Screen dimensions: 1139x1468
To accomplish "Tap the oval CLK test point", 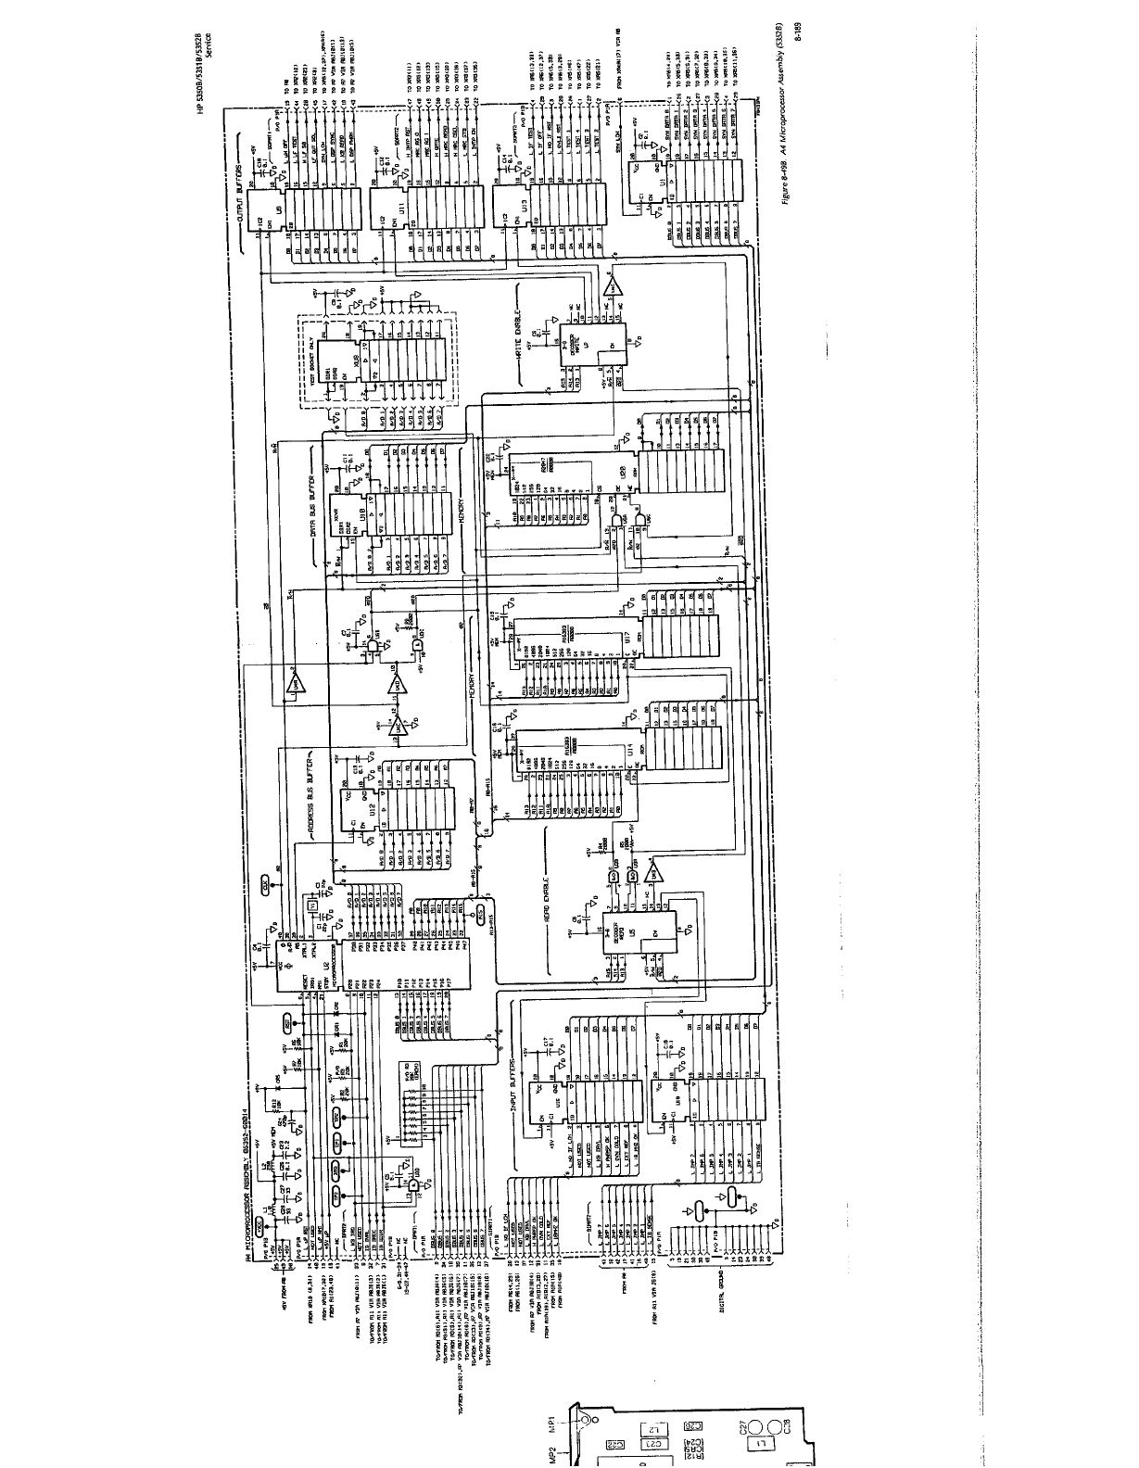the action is point(266,887).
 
